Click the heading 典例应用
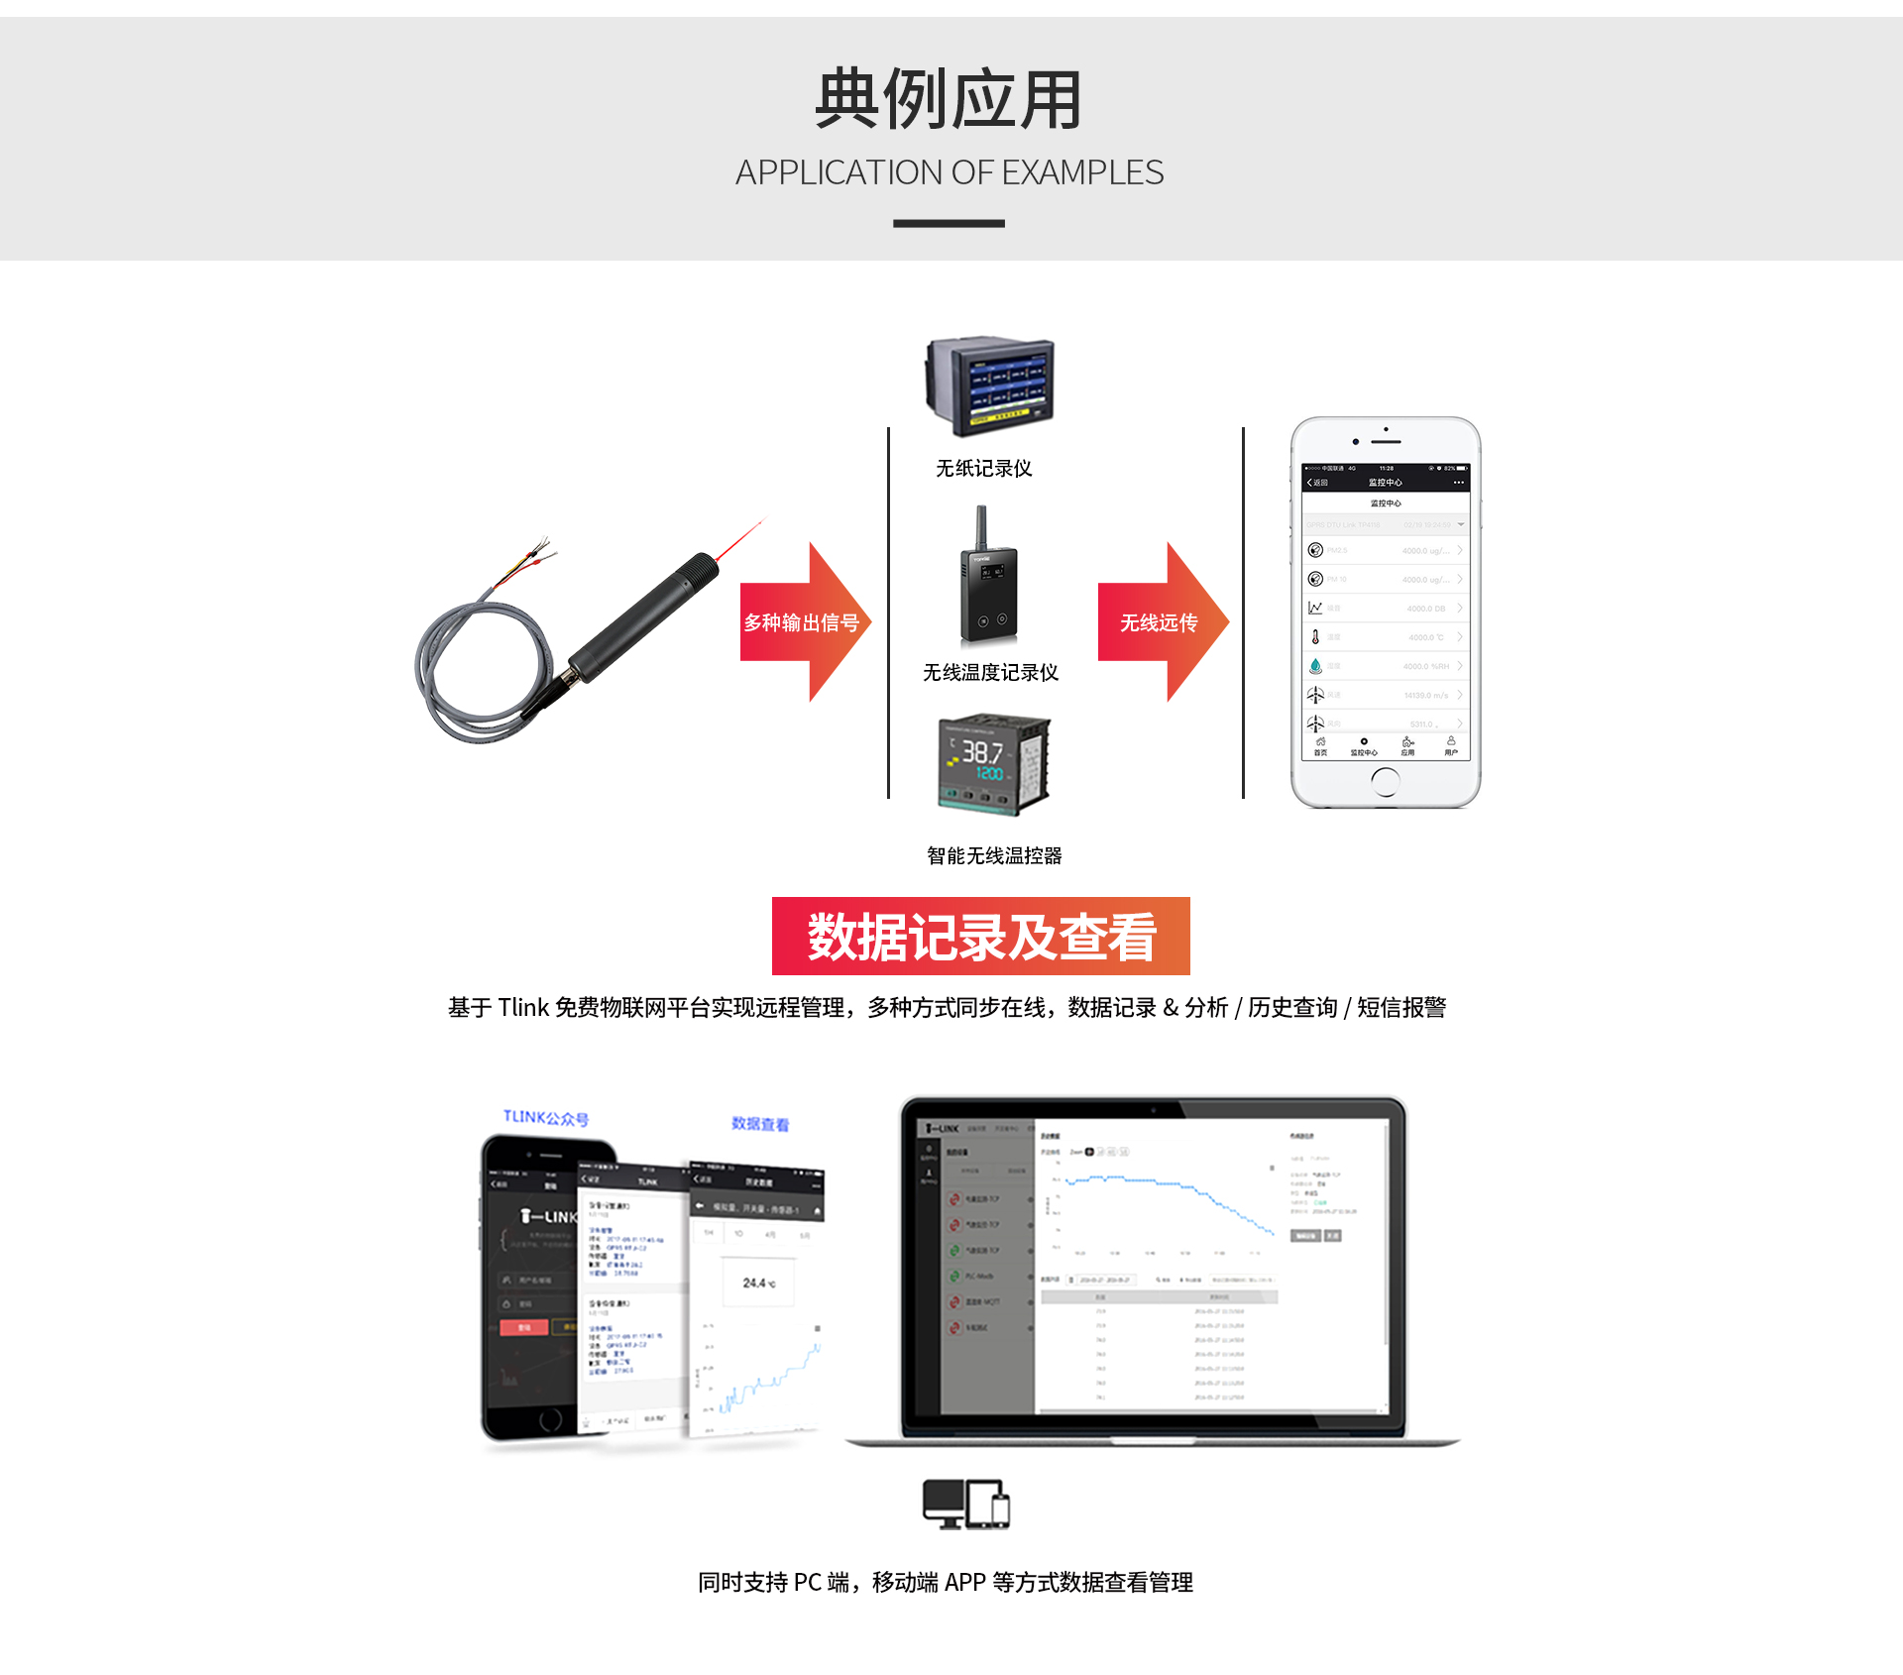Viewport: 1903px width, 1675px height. (949, 99)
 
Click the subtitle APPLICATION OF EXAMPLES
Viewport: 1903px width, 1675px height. (949, 172)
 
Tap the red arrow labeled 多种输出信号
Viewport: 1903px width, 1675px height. (802, 622)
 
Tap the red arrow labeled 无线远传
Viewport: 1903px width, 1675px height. (1159, 622)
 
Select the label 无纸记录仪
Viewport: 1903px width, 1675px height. (983, 468)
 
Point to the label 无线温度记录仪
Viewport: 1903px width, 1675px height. (990, 673)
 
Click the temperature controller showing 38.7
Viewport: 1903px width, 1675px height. (993, 763)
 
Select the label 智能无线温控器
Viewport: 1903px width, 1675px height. (993, 855)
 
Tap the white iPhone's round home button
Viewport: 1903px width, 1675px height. (1385, 783)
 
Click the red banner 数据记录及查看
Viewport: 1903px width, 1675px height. (980, 937)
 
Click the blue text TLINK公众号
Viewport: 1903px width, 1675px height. (545, 1118)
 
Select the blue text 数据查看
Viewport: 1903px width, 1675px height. (760, 1124)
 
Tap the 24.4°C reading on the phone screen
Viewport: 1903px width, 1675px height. (758, 1283)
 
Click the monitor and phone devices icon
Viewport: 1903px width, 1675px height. (965, 1504)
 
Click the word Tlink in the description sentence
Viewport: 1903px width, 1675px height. (522, 1008)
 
